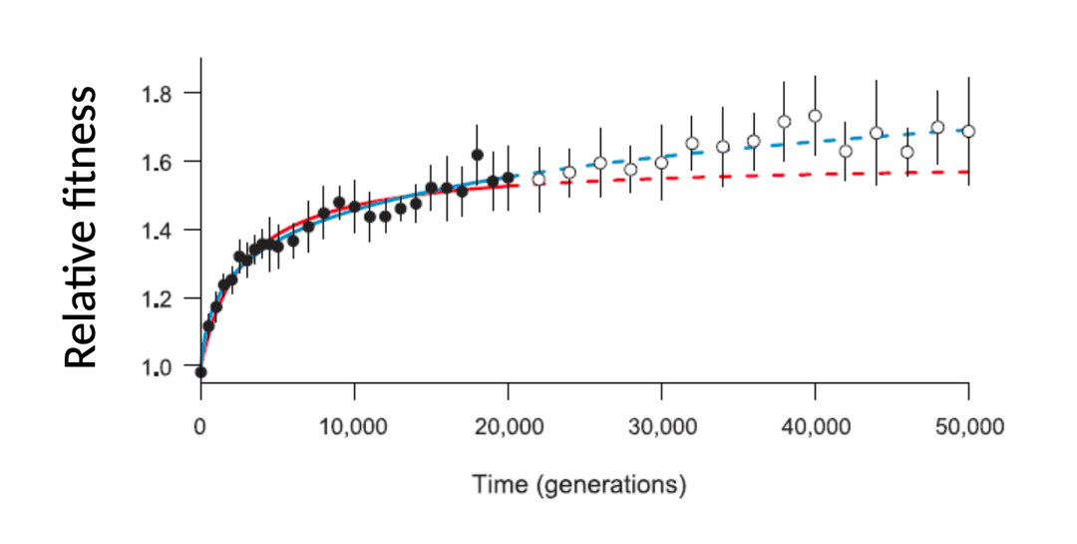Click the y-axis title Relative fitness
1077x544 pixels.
(82, 227)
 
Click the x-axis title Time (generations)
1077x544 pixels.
(579, 486)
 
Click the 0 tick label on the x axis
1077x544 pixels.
(200, 427)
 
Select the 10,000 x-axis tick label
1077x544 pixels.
(354, 427)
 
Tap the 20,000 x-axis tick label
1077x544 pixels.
(508, 427)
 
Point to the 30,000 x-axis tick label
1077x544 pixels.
(661, 427)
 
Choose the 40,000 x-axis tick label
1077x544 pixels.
(815, 427)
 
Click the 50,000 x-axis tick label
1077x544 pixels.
(968, 427)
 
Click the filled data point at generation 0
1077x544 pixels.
(200, 372)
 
